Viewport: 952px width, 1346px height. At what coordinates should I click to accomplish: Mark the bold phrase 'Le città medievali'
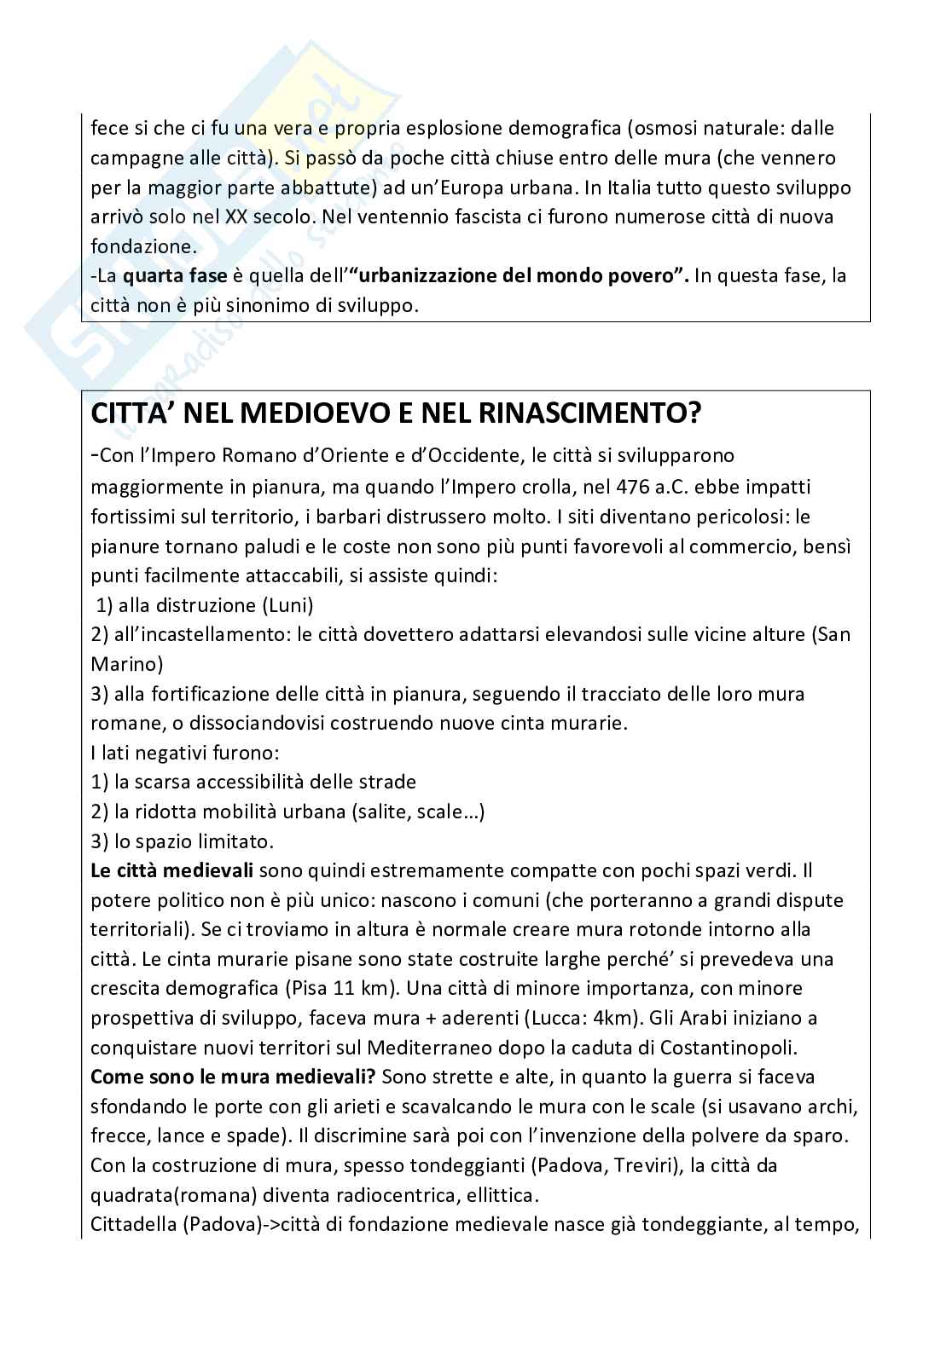point(172,871)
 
